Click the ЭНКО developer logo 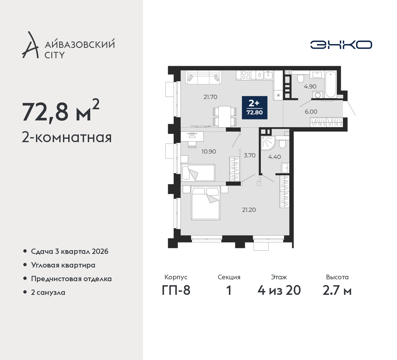point(341,45)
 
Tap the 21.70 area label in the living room point(210,97)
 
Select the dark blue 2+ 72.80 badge point(255,108)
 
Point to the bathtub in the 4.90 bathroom point(331,84)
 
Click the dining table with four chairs point(225,116)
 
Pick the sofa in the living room point(203,77)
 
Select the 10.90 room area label point(209,152)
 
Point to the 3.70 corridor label point(250,155)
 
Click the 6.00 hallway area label point(311,112)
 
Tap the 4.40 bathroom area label point(274,157)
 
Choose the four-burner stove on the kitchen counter point(246,75)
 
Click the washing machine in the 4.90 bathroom point(318,95)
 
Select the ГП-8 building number point(176,290)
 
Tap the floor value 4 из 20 point(279,290)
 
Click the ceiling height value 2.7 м point(337,290)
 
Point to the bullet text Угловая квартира point(63,265)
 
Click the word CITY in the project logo point(55,55)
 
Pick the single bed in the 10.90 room point(198,173)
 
